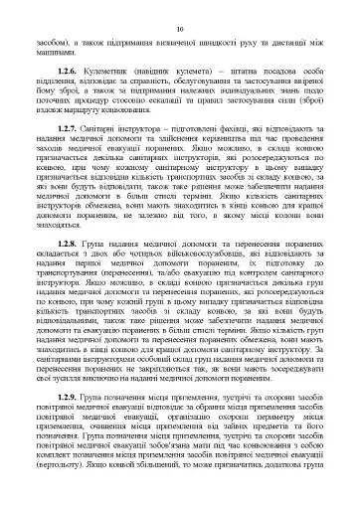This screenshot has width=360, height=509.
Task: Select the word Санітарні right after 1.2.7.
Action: click(x=112, y=130)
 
